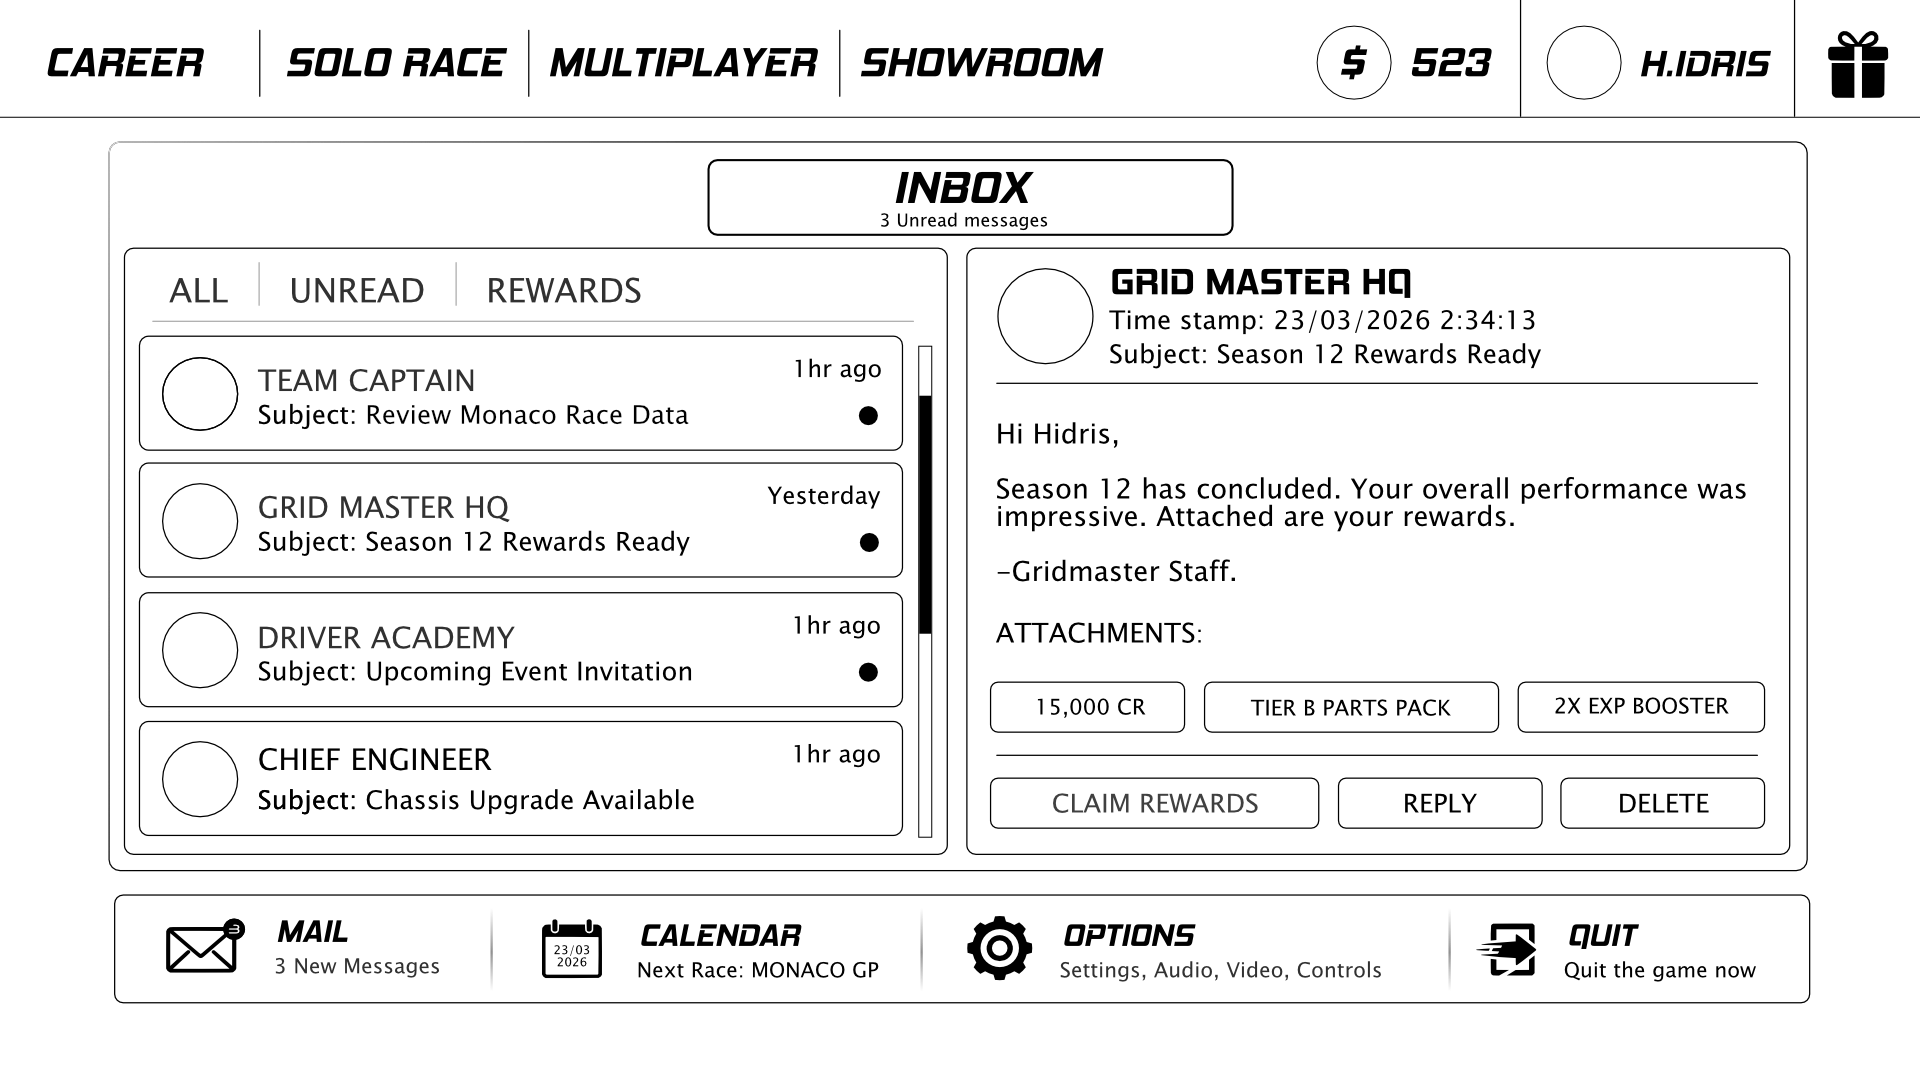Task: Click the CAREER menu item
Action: [125, 63]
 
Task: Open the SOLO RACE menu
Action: [396, 63]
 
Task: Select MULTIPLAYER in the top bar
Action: [684, 63]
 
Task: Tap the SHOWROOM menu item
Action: [982, 63]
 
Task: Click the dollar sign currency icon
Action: [1353, 63]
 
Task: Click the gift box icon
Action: [1858, 65]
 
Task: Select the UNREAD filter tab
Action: [357, 291]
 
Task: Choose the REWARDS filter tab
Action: [564, 291]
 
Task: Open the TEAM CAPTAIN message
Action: [521, 394]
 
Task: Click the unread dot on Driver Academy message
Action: [868, 672]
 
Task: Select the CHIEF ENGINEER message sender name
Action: [375, 760]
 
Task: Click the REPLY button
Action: [1440, 803]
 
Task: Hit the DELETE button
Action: [1663, 803]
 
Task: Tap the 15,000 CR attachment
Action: [1088, 707]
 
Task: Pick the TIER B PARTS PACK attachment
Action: [1351, 707]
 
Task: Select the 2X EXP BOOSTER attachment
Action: [1641, 707]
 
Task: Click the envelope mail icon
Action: [204, 946]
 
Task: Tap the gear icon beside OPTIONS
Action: [999, 948]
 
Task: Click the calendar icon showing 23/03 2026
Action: [572, 949]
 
